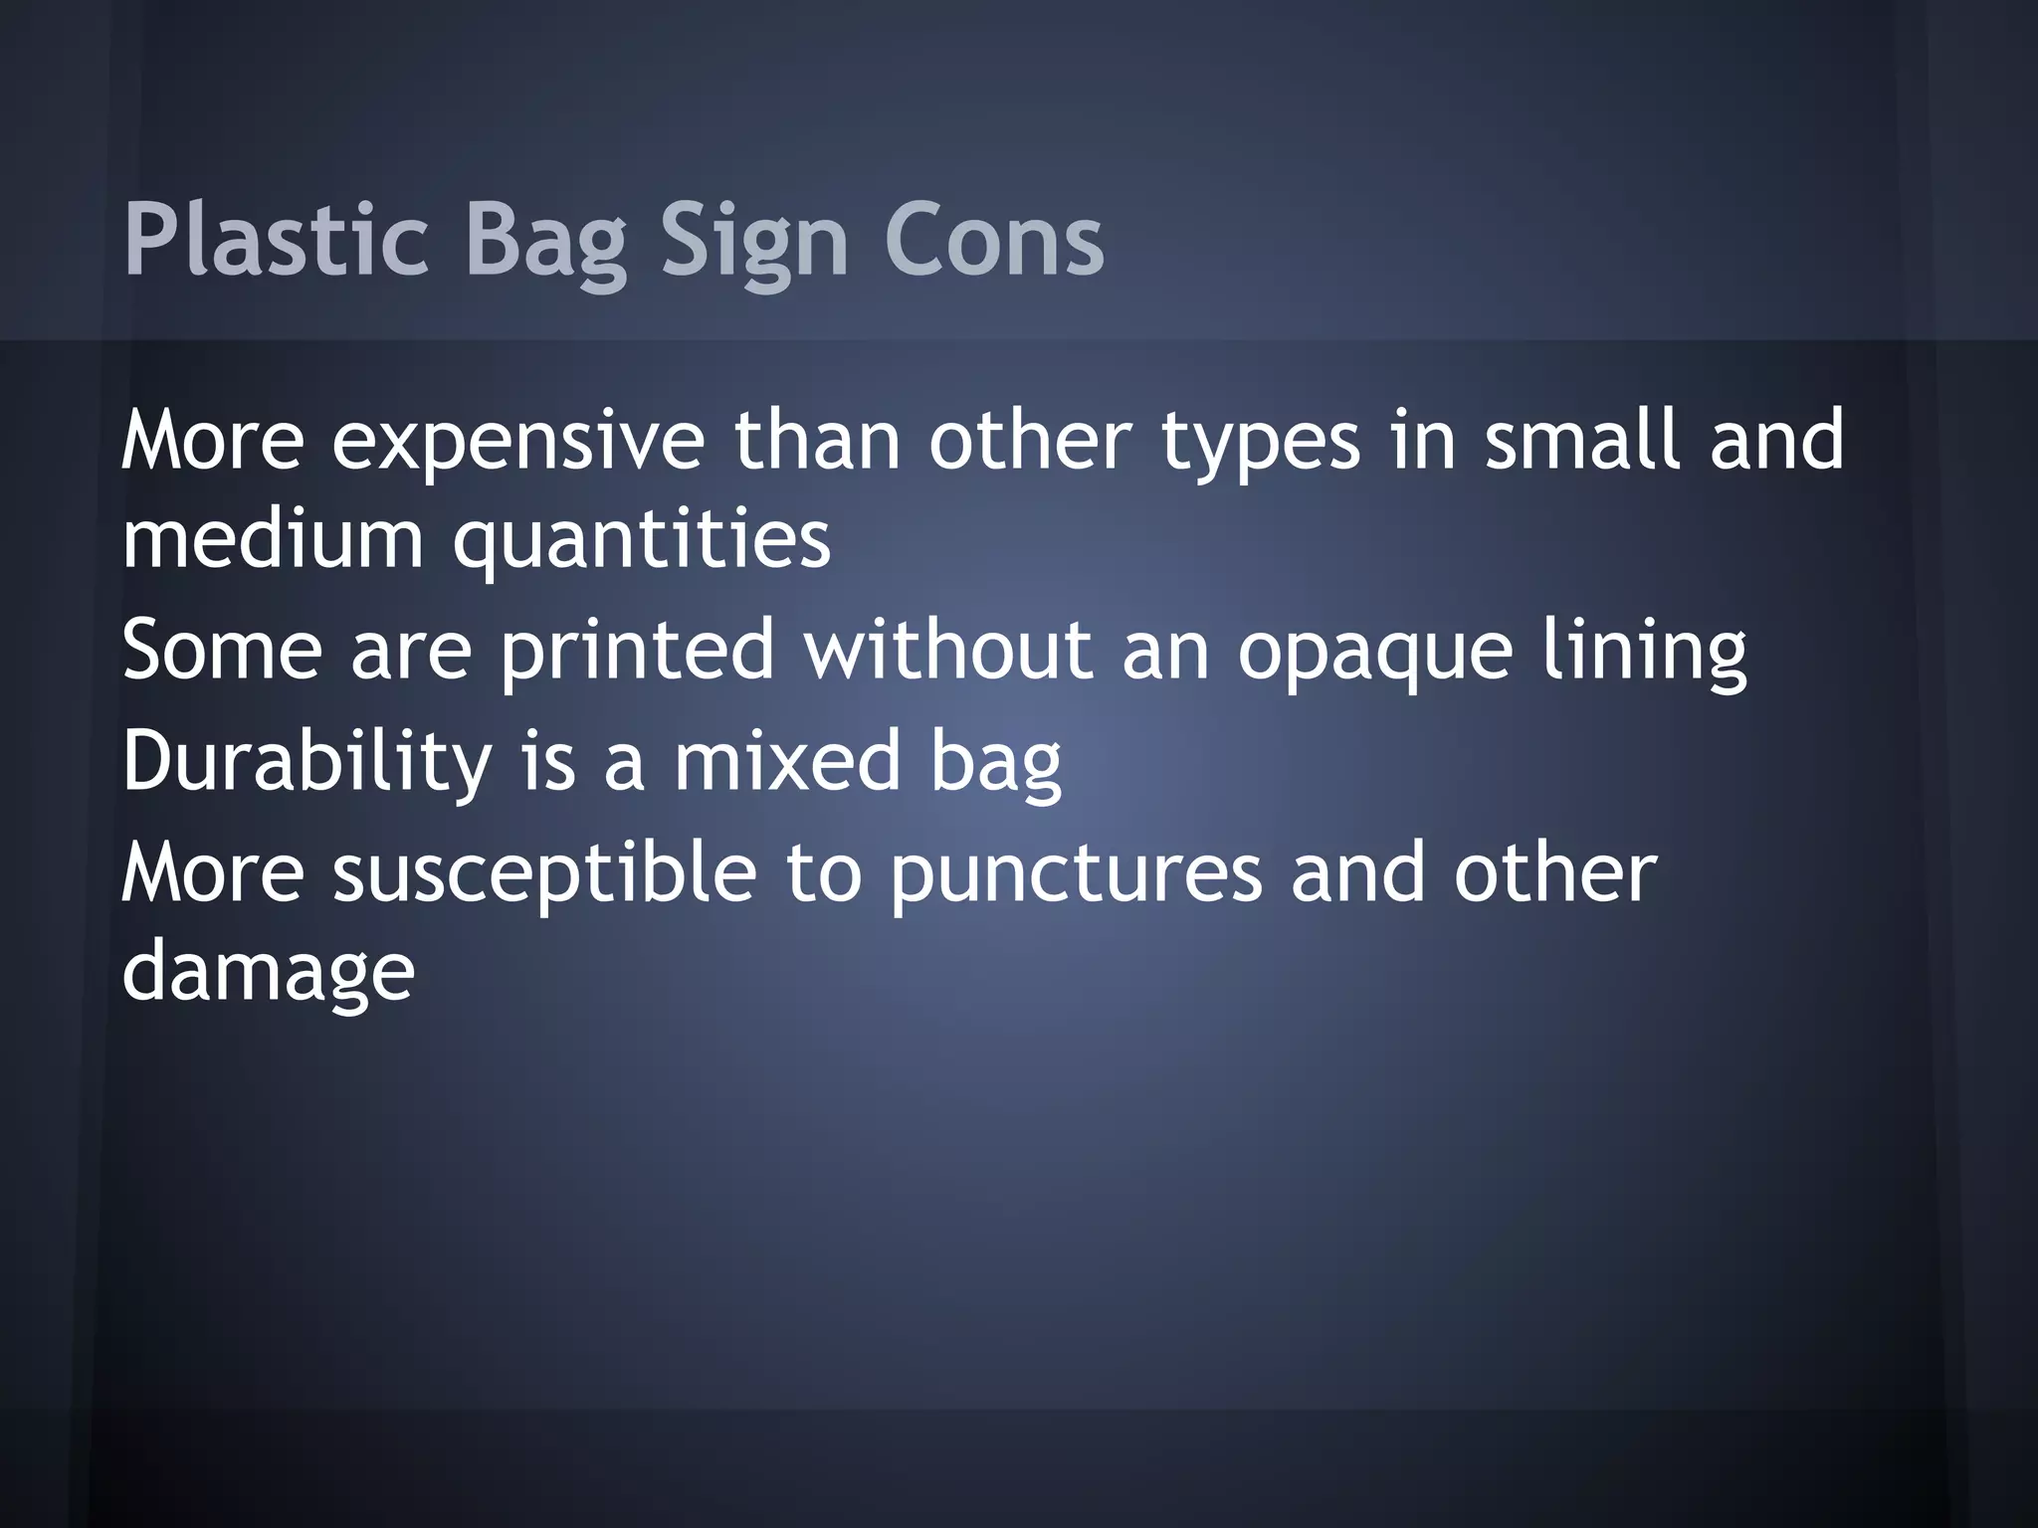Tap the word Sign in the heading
[753, 241]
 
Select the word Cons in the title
[994, 241]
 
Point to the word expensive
[517, 441]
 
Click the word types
[1260, 441]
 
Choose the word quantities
[642, 540]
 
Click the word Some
[222, 650]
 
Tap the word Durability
[306, 762]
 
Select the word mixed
[786, 760]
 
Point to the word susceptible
[544, 873]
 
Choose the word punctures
[1075, 873]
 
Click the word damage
[268, 973]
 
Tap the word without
[948, 650]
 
